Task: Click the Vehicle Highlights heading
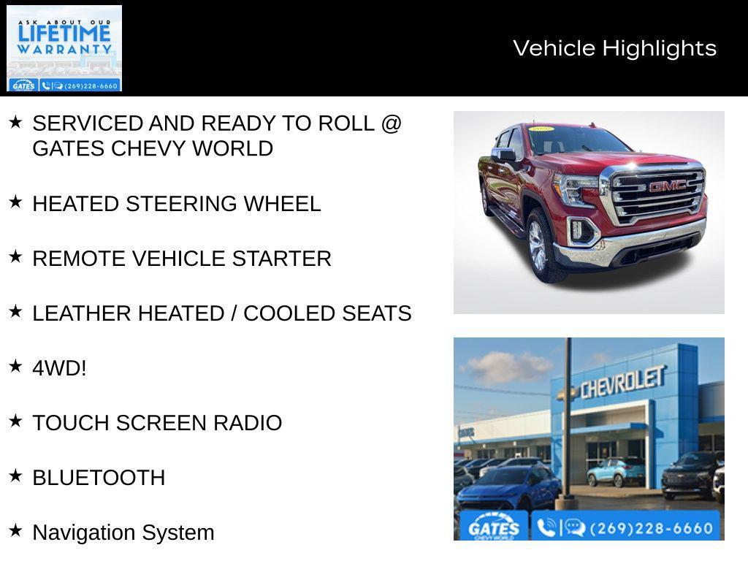coord(614,48)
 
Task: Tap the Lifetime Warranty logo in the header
coord(64,48)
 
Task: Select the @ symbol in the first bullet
coord(391,123)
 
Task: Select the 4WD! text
coord(59,368)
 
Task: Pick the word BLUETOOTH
coord(99,478)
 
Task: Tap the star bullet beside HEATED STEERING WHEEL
coord(15,202)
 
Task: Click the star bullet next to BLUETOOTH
coord(15,476)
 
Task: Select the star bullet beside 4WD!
coord(15,367)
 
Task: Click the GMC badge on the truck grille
coord(667,186)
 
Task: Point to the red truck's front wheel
coord(540,245)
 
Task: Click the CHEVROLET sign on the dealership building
coord(622,381)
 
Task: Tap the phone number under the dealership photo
coord(650,527)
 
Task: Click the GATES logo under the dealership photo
coord(493,527)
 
